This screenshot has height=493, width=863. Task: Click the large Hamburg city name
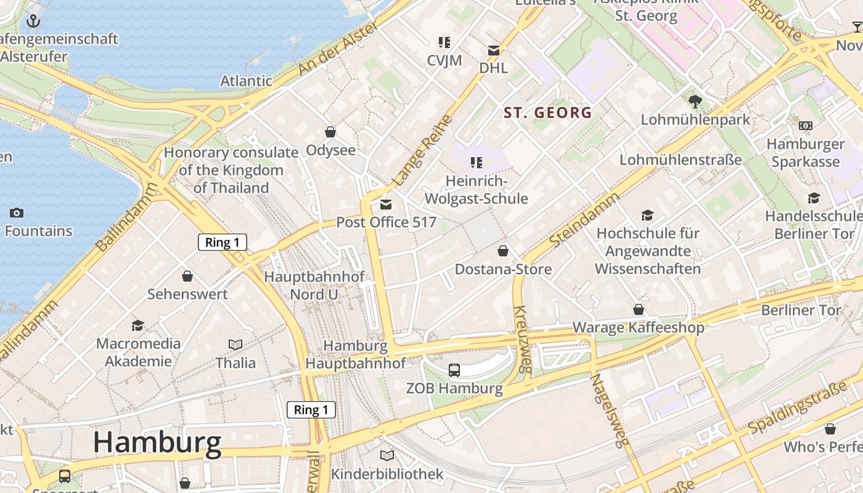click(157, 443)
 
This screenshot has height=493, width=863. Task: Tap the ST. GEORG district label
click(548, 113)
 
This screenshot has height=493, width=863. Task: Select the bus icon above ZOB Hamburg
click(454, 370)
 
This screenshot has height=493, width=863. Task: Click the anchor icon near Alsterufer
click(33, 22)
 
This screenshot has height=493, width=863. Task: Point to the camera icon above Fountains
click(17, 213)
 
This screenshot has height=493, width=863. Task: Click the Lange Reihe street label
click(423, 150)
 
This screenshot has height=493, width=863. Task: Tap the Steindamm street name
click(584, 220)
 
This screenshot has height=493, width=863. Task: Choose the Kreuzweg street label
click(521, 339)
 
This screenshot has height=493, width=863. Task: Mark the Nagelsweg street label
click(610, 410)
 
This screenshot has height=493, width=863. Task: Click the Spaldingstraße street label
click(798, 408)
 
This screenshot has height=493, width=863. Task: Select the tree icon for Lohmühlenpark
click(695, 101)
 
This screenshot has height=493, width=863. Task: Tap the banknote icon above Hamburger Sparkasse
click(805, 126)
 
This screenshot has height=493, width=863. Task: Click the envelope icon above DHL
click(494, 51)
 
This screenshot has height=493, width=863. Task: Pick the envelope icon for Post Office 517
click(386, 205)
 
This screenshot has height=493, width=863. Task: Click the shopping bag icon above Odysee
click(330, 132)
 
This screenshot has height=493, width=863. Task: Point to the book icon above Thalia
click(235, 344)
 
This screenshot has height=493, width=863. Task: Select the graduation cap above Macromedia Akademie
click(138, 325)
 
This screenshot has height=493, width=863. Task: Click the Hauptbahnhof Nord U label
click(314, 285)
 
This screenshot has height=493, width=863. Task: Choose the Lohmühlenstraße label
click(681, 160)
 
